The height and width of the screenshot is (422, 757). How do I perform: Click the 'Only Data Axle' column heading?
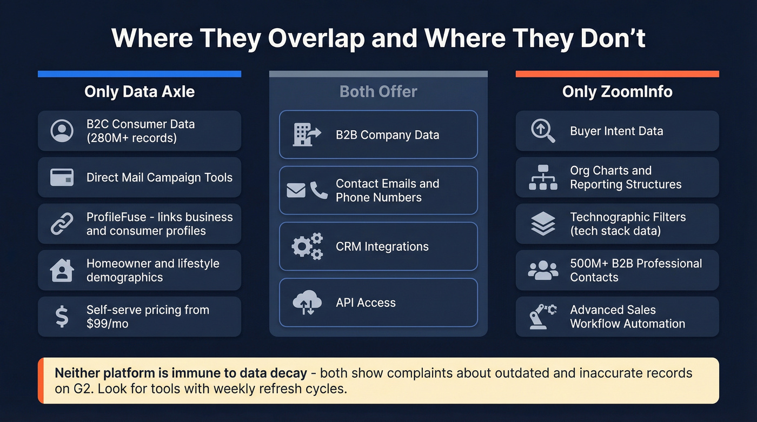pyautogui.click(x=140, y=91)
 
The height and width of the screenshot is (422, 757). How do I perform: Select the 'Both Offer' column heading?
pyautogui.click(x=378, y=91)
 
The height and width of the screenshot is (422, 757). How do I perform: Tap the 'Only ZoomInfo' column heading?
pyautogui.click(x=617, y=91)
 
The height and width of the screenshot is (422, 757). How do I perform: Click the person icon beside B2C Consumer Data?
pyautogui.click(x=62, y=131)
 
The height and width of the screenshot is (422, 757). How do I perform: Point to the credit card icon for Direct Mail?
pyautogui.click(x=62, y=177)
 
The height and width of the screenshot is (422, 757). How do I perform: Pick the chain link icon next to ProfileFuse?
pyautogui.click(x=62, y=224)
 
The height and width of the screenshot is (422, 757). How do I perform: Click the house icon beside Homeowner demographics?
pyautogui.click(x=62, y=270)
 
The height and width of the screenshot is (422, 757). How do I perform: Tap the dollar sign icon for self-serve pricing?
pyautogui.click(x=62, y=317)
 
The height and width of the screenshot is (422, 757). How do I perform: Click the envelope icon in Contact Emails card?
pyautogui.click(x=296, y=190)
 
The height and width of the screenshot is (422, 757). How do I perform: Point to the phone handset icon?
pyautogui.click(x=318, y=190)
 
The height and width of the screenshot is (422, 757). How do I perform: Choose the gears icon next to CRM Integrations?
pyautogui.click(x=307, y=246)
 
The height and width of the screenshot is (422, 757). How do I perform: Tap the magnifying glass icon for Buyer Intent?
pyautogui.click(x=543, y=131)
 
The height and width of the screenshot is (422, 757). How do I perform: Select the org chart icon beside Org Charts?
pyautogui.click(x=543, y=177)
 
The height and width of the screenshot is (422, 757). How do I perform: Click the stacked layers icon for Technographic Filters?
pyautogui.click(x=543, y=224)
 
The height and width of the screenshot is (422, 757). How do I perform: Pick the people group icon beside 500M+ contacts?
pyautogui.click(x=543, y=270)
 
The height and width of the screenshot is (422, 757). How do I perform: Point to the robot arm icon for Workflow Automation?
pyautogui.click(x=543, y=317)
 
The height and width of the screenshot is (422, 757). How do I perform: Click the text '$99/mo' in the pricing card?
pyautogui.click(x=107, y=324)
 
